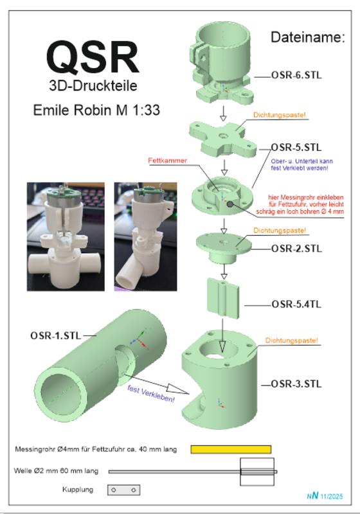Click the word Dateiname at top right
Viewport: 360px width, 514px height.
(308, 37)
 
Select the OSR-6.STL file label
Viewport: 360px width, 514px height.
(296, 76)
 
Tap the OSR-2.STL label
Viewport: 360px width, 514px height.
(297, 248)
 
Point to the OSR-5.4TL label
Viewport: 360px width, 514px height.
(296, 304)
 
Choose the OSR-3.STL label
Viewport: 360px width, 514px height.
(297, 384)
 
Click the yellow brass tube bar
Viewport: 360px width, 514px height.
(231, 448)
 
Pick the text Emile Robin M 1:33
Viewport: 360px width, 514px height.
(97, 110)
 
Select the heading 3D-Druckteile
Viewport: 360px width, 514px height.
(93, 85)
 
